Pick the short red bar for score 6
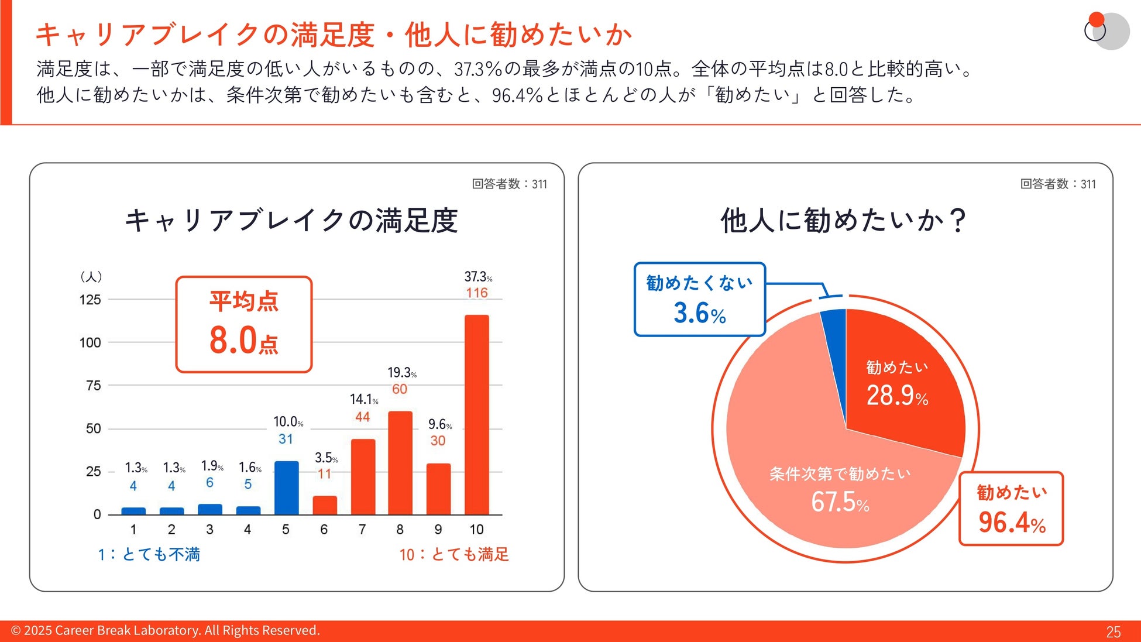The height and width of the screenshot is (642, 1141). (x=325, y=505)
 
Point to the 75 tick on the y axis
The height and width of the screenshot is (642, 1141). (x=93, y=386)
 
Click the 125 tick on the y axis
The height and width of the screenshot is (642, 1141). (x=90, y=300)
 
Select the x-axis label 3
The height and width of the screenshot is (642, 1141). (x=209, y=530)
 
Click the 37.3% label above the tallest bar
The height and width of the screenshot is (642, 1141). (x=477, y=276)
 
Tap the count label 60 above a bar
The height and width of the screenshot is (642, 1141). (x=400, y=389)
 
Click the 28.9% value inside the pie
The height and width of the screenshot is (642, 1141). (x=896, y=396)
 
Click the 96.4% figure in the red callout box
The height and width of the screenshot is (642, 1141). (x=1012, y=522)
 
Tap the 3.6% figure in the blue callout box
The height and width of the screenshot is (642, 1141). (x=699, y=313)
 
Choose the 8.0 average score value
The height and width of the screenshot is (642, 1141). (x=233, y=340)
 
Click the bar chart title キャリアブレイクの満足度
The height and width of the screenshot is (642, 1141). (x=291, y=221)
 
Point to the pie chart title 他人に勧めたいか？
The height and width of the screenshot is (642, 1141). (x=844, y=221)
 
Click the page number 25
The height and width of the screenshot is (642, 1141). (x=1113, y=631)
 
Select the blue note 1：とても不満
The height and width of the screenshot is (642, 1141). (x=149, y=554)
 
